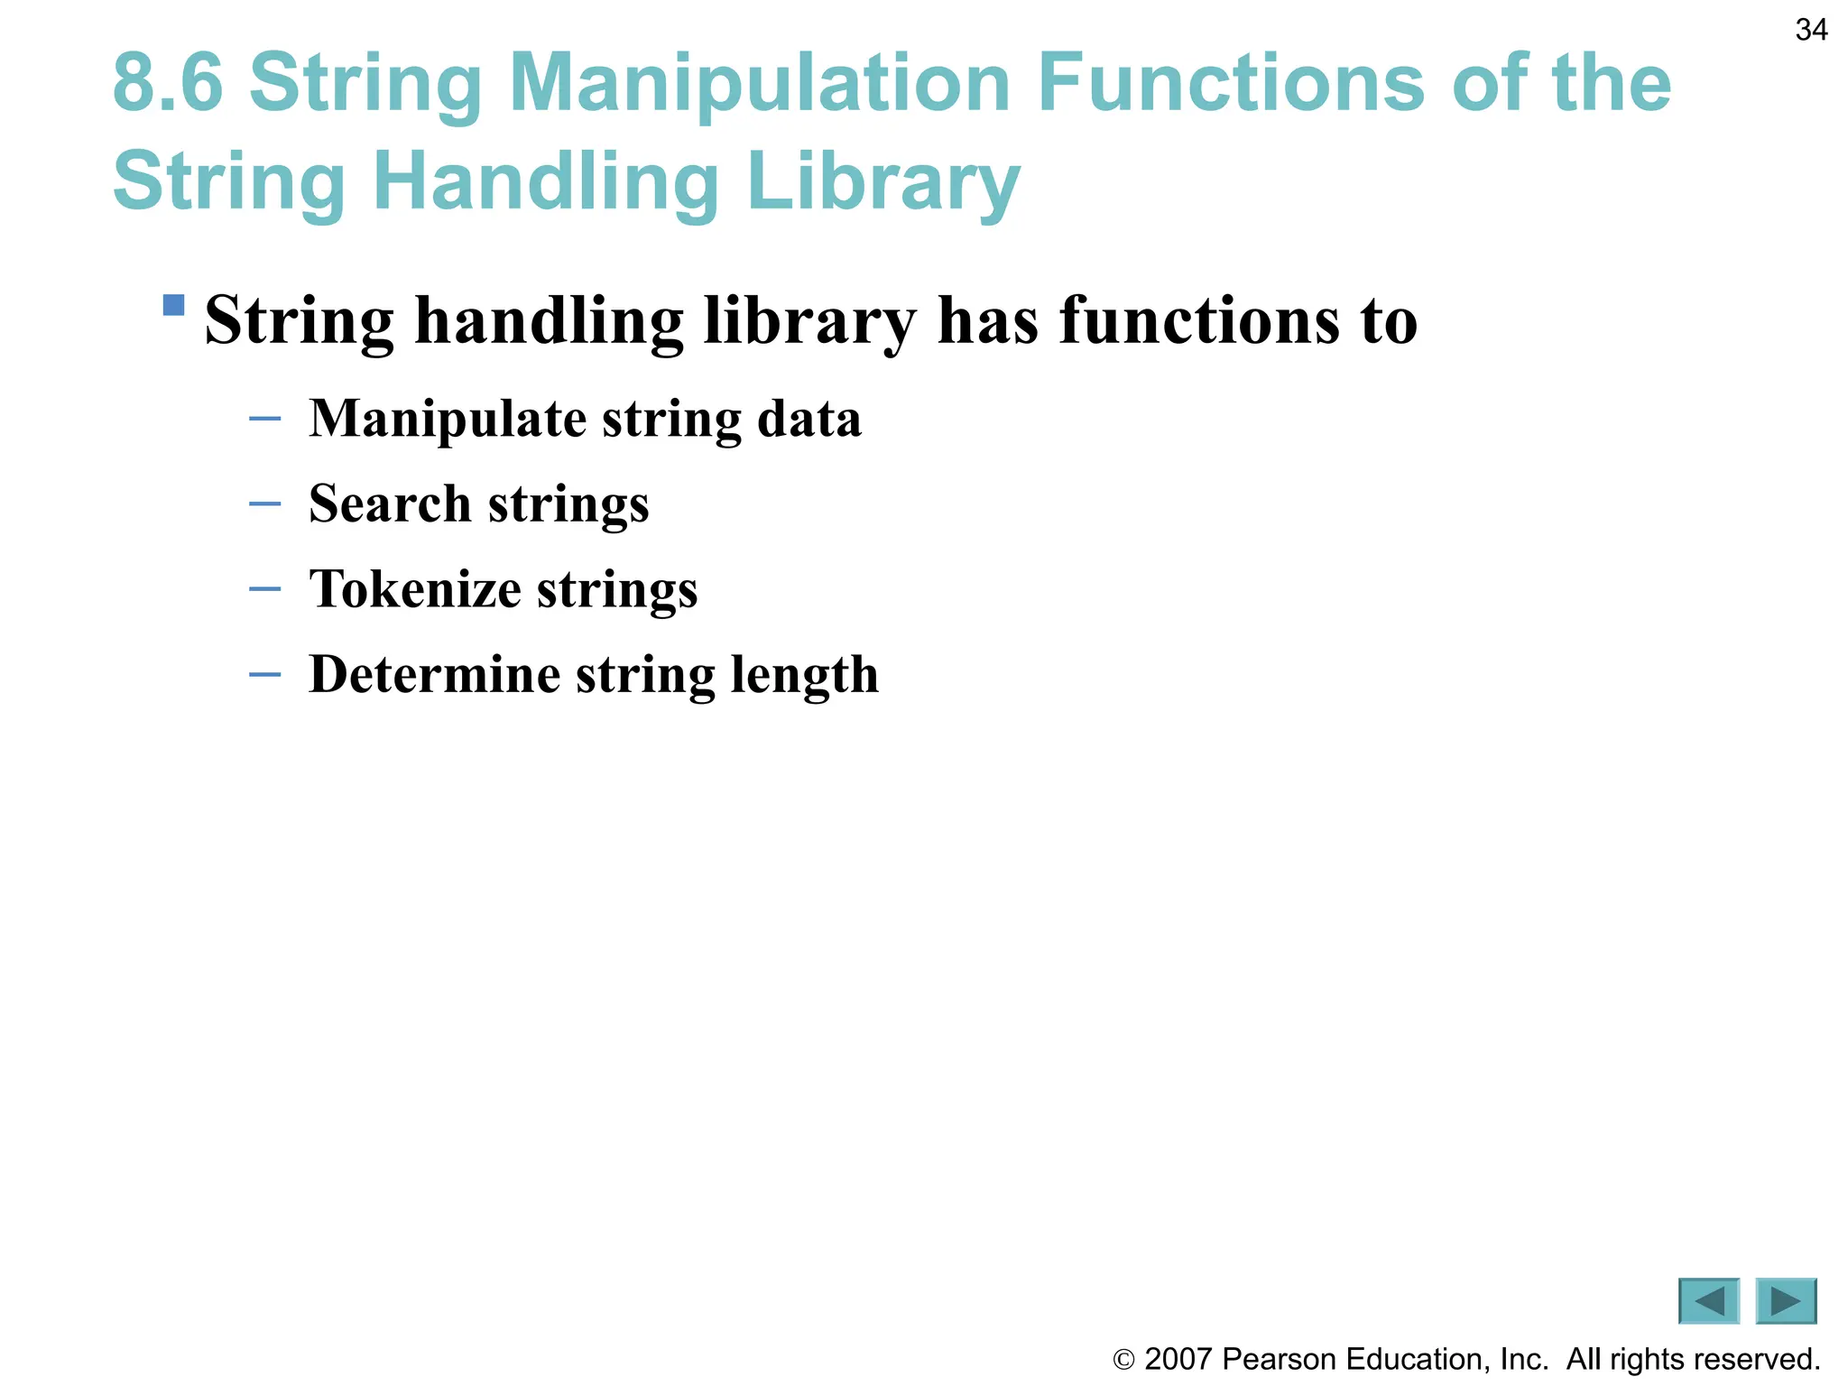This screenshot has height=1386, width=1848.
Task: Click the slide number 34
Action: coord(1811,30)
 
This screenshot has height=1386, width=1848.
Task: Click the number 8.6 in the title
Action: coord(168,83)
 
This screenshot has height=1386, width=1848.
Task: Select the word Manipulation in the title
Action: coord(759,83)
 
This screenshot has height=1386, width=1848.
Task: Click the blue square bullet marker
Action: coord(173,305)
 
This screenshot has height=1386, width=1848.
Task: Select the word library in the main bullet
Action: coord(809,321)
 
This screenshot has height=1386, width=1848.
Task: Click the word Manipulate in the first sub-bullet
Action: coord(448,420)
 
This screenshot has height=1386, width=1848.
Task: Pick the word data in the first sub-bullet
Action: coord(808,419)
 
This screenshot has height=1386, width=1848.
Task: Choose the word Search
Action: coord(390,504)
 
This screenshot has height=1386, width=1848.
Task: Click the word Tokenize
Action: coord(415,588)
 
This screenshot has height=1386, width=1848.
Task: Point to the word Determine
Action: coord(434,674)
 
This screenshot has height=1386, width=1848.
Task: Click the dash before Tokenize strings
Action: coord(264,589)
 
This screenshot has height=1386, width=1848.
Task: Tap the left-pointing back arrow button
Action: coord(1708,1301)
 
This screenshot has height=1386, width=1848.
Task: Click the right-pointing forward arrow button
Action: coord(1786,1301)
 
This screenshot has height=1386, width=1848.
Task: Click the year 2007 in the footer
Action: coord(1178,1359)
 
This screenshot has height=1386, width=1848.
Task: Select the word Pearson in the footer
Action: coord(1278,1359)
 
